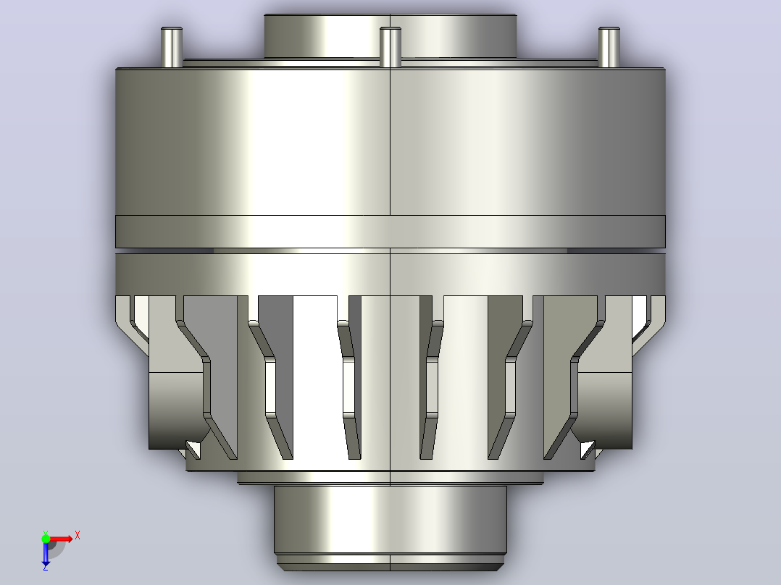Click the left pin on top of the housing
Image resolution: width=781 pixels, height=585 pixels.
click(171, 47)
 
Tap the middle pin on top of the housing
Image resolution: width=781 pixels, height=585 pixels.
click(390, 47)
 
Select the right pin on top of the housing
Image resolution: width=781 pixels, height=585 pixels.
click(609, 47)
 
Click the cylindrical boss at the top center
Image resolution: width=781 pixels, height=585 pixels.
click(390, 36)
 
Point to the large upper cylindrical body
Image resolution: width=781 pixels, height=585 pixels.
click(390, 142)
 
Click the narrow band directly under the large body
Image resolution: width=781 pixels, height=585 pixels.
click(390, 232)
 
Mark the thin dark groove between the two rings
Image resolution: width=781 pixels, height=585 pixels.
click(390, 251)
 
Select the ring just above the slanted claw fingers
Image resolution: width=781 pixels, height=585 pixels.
click(390, 275)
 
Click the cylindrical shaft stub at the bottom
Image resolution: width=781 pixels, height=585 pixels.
click(390, 521)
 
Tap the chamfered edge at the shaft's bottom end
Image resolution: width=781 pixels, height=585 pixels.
click(390, 567)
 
